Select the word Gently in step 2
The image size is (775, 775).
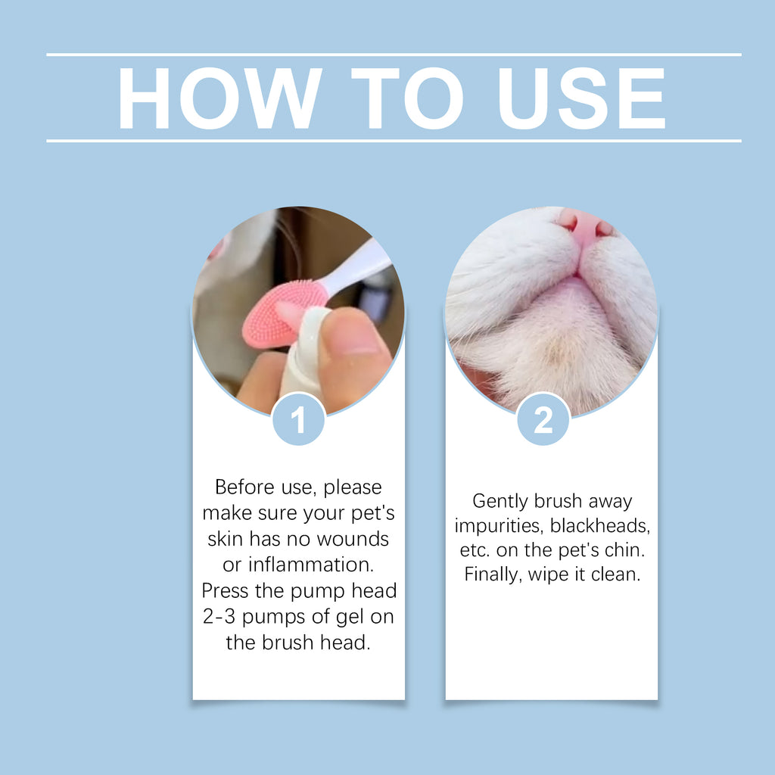point(501,501)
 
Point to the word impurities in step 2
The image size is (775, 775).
point(499,525)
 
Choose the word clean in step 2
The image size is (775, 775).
point(616,574)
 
